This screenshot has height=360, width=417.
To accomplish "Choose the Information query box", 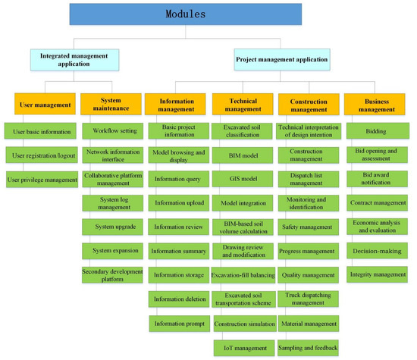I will click(178, 180).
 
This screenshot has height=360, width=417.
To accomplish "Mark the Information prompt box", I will click(178, 324).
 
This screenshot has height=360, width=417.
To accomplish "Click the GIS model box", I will click(239, 180).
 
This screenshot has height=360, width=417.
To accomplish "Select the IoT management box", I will click(240, 348).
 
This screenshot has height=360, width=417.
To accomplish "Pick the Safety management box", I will click(306, 227).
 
